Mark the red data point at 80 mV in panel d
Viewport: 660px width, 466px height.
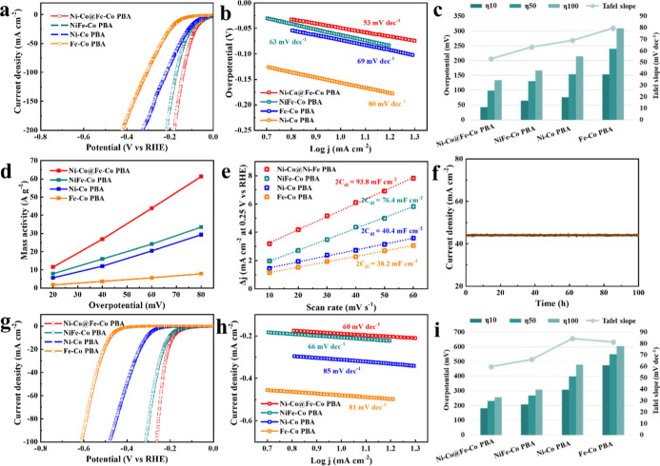201,177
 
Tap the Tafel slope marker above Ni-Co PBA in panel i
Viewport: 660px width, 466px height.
571,339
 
